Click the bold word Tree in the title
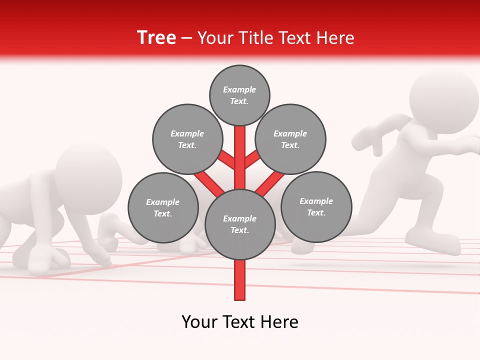pyautogui.click(x=156, y=38)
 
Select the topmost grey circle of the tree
pyautogui.click(x=239, y=95)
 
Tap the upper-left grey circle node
pyautogui.click(x=187, y=139)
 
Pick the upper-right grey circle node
pyautogui.click(x=290, y=139)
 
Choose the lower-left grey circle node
pyautogui.click(x=163, y=207)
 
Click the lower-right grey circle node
pyautogui.click(x=316, y=206)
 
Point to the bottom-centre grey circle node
pyautogui.click(x=240, y=224)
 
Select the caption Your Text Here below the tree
pyautogui.click(x=240, y=322)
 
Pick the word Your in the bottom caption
pyautogui.click(x=199, y=322)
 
